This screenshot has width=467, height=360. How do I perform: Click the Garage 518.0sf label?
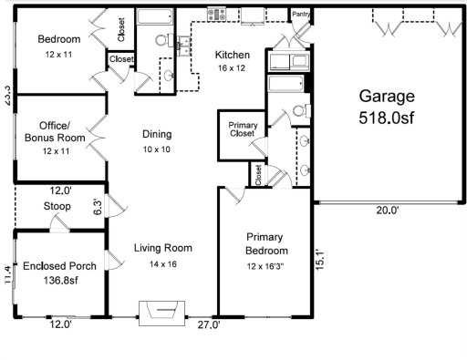(x=386, y=106)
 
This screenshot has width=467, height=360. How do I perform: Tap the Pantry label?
(x=300, y=14)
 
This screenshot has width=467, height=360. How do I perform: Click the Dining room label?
(x=156, y=134)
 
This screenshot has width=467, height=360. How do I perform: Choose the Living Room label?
(x=162, y=248)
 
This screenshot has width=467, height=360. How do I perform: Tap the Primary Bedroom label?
(x=266, y=244)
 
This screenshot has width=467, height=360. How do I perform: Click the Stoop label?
(x=57, y=206)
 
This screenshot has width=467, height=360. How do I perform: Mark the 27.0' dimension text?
(x=210, y=324)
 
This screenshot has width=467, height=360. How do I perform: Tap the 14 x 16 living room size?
(x=162, y=263)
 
